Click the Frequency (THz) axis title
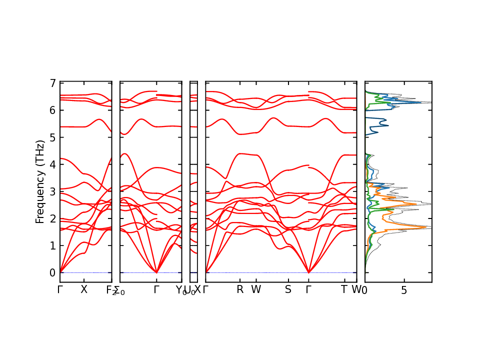[x=40, y=181]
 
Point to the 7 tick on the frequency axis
[x=52, y=83]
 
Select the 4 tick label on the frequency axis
[x=52, y=164]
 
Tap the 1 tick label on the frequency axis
[x=52, y=245]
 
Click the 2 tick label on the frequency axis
[x=52, y=218]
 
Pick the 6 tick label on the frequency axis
[x=52, y=110]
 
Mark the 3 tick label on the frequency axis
[x=52, y=191]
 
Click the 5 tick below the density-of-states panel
[x=404, y=290]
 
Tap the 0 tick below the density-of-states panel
[x=365, y=290]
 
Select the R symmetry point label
[x=240, y=290]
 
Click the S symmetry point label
[x=288, y=290]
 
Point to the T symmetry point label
[x=344, y=290]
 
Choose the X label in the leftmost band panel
[x=84, y=290]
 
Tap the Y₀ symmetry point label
[x=181, y=290]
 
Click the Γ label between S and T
[x=308, y=290]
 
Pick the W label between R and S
[x=256, y=290]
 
